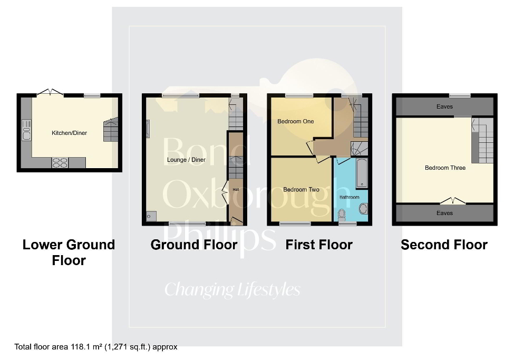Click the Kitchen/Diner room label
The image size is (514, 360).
click(69, 133)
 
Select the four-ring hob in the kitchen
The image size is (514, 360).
click(60, 163)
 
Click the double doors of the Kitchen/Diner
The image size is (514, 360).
click(50, 93)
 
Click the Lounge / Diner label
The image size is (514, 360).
click(186, 160)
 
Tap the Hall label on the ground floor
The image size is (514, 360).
click(236, 189)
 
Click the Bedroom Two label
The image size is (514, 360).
click(301, 190)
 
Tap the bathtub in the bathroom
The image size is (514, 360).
click(362, 174)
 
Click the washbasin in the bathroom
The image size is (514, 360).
click(363, 209)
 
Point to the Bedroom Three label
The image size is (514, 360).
click(445, 168)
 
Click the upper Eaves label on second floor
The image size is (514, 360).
click(444, 107)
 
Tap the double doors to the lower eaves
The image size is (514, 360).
click(453, 200)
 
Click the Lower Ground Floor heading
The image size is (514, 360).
click(69, 252)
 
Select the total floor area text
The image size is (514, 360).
click(96, 347)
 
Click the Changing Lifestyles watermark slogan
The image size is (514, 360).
click(232, 289)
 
